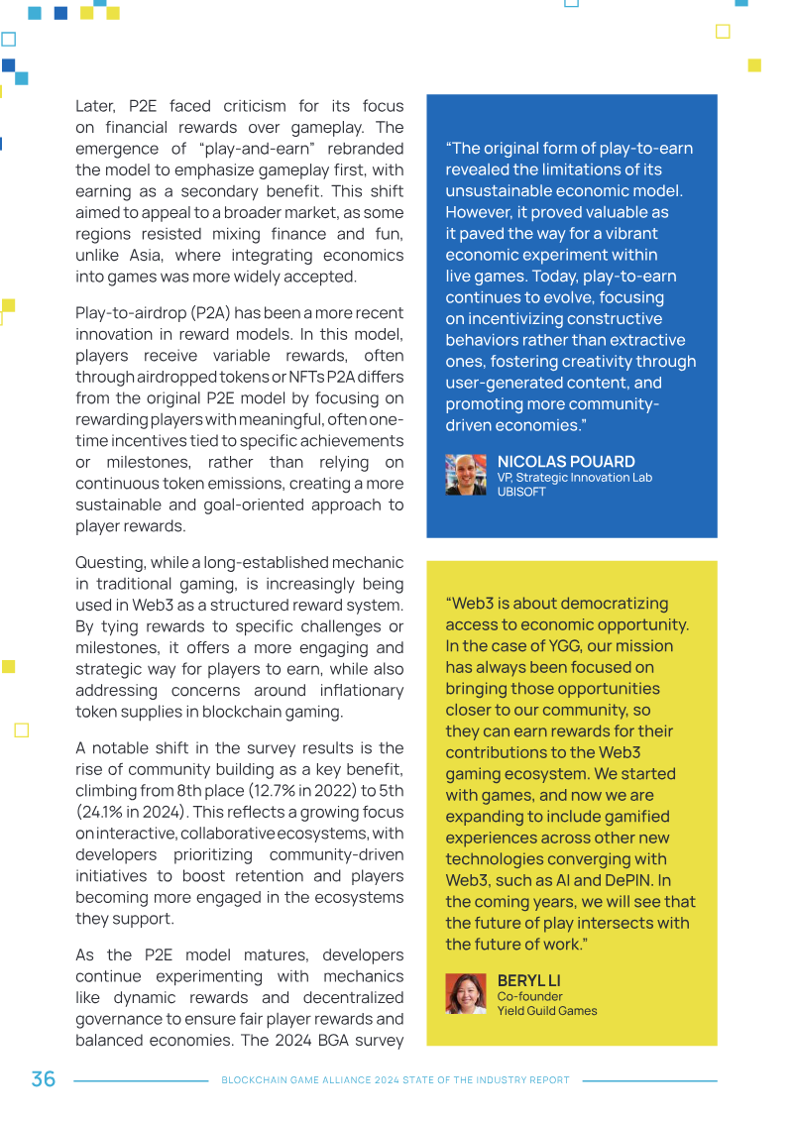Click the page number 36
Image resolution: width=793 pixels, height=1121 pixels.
[43, 1079]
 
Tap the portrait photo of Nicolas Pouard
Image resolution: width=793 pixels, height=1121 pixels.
[465, 475]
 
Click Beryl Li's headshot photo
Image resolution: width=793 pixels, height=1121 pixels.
[465, 994]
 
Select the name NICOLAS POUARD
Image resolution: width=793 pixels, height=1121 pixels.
[566, 462]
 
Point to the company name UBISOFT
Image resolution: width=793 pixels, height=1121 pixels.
[521, 492]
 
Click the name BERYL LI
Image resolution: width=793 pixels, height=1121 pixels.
[528, 981]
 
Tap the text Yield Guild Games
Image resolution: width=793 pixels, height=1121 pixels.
[547, 1011]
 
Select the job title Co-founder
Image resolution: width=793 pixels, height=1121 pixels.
[529, 996]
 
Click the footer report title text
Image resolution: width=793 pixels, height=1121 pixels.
[396, 1080]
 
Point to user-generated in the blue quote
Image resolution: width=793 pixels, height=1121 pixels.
[503, 383]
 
